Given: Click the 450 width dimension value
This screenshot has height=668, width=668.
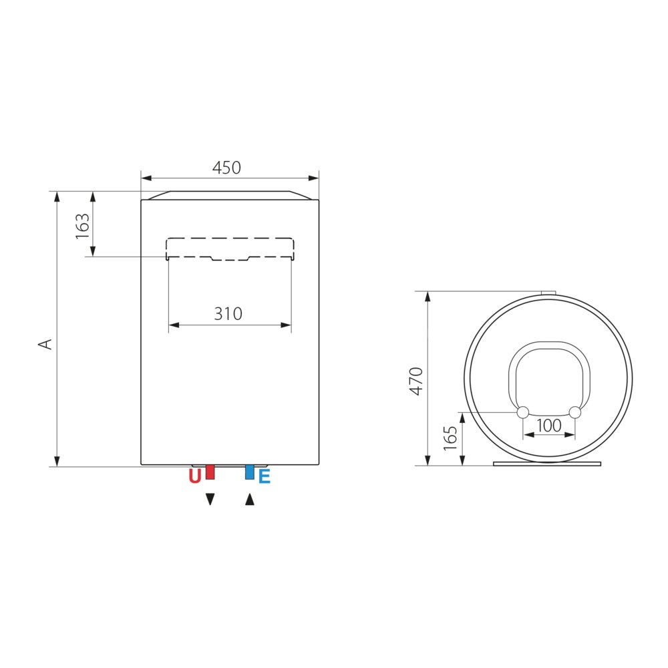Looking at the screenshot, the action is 226,168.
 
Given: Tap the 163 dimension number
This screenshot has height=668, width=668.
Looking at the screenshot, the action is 82,226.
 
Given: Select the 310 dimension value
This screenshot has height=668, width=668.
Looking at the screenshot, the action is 228,314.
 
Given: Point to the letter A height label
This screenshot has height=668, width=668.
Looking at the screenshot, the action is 45,344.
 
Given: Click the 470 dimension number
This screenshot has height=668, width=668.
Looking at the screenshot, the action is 416,381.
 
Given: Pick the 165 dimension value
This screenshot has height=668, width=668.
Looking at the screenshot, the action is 450,438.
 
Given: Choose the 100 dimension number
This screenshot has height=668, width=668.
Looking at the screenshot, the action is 549,426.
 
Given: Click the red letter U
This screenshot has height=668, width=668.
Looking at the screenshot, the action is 194,476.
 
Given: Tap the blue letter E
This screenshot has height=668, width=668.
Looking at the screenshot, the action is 265,476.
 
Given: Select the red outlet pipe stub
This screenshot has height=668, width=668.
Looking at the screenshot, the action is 210,472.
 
